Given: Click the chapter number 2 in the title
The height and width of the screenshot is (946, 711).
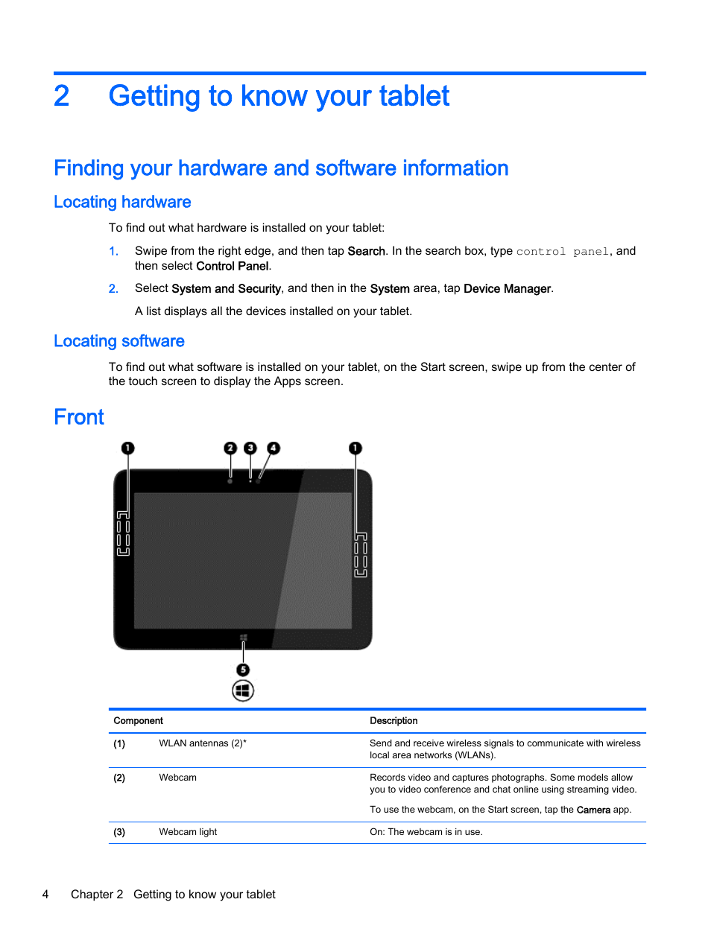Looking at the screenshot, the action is point(61,96).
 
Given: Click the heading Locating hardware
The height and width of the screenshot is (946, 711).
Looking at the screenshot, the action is point(122,202).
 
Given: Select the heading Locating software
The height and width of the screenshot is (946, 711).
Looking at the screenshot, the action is point(119,341).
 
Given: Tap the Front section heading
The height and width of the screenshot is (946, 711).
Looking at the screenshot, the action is point(79,417).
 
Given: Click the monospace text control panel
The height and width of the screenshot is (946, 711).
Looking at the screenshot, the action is point(563,252).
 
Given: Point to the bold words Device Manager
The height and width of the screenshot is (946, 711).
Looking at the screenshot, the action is point(507,288).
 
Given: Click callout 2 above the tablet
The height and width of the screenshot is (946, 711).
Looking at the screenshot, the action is point(230,448).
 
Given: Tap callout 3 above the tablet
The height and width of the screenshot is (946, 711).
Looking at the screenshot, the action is point(250,448).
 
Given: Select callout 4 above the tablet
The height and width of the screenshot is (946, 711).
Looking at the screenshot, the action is point(274,448).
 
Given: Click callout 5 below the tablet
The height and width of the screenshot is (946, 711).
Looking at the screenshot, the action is point(243,670).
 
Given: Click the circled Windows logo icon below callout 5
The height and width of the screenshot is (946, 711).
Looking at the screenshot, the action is point(243,691).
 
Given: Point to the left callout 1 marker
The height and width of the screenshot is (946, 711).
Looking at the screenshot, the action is point(128,448).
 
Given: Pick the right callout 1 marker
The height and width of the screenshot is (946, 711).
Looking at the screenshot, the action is point(355,448).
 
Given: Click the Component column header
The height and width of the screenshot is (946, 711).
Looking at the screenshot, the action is point(138,720).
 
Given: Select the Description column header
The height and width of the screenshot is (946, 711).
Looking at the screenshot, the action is point(394,720).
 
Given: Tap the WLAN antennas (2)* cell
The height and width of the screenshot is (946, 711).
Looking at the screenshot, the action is point(202,743).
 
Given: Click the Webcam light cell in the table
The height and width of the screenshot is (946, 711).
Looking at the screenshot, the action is point(188,832).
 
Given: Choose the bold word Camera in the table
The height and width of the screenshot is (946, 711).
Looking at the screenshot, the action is point(593,810).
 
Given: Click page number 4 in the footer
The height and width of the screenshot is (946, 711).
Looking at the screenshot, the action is point(45,895).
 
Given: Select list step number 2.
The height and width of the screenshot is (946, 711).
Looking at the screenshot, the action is point(113,289).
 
